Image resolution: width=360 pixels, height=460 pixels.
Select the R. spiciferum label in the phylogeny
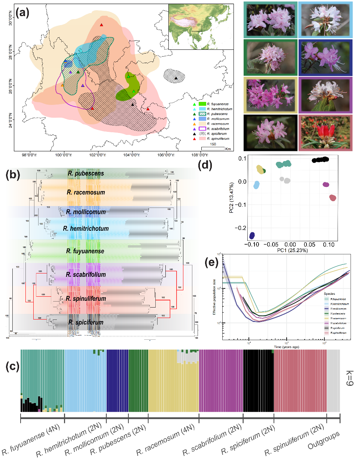(x=86, y=322)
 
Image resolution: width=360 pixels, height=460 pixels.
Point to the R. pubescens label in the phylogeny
(x=86, y=173)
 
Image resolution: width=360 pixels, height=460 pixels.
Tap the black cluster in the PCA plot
(x=320, y=160)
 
